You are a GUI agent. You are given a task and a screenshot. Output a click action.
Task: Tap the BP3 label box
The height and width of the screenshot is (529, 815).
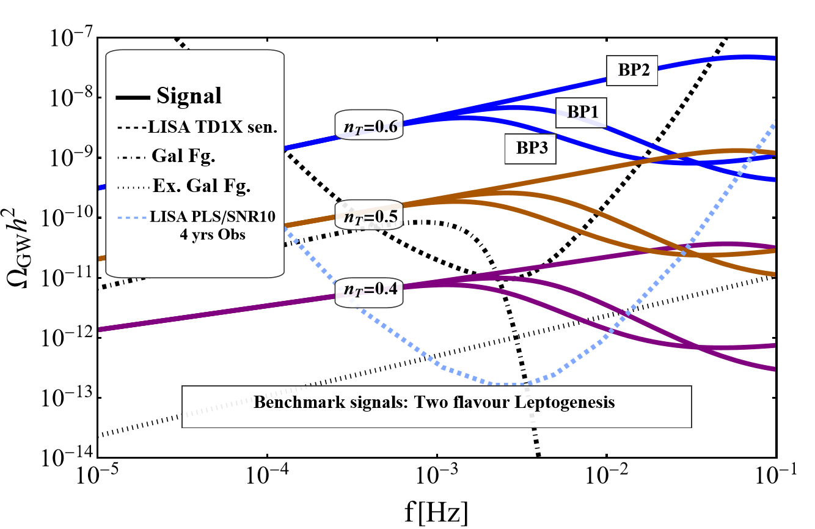tap(530, 149)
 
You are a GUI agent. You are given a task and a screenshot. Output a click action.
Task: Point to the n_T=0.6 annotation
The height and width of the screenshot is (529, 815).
tap(369, 125)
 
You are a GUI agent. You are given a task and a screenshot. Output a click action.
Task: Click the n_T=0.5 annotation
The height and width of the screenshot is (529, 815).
tap(369, 215)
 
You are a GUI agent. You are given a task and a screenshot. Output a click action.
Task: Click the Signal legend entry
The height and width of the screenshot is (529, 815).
tap(188, 97)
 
